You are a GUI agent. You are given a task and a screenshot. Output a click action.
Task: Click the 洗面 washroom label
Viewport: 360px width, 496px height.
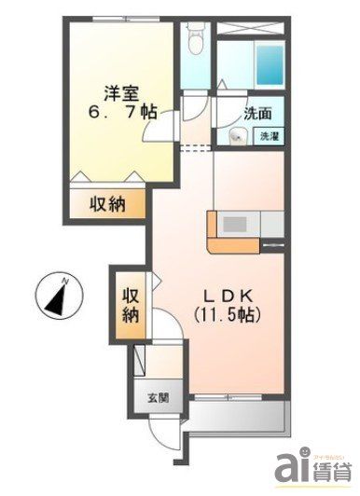pos(258,115)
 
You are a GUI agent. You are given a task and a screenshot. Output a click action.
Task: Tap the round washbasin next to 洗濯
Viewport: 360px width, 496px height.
pos(236,137)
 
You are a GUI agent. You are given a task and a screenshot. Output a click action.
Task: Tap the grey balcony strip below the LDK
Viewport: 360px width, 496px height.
pos(241,419)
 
